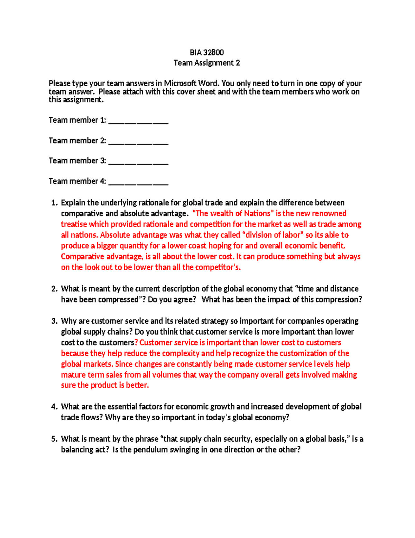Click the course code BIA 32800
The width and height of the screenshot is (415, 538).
pos(206,52)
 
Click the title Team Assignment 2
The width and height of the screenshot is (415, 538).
pos(206,63)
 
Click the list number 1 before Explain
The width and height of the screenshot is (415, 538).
pos(54,203)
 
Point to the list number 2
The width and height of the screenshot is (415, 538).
pos(54,289)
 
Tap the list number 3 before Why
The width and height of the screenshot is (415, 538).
pos(54,321)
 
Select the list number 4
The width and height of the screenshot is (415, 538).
pos(54,407)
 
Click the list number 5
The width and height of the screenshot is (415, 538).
pos(54,439)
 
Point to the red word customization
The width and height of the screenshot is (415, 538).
pos(303,353)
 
